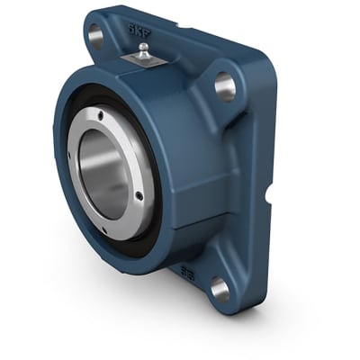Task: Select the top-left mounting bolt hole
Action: pyautogui.click(x=94, y=36)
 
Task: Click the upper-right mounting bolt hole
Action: pyautogui.click(x=224, y=86)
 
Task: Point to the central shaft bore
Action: pyautogui.click(x=106, y=171)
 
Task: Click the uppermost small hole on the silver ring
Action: pyautogui.click(x=101, y=115)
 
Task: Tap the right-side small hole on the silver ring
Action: pyautogui.click(x=139, y=193)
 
